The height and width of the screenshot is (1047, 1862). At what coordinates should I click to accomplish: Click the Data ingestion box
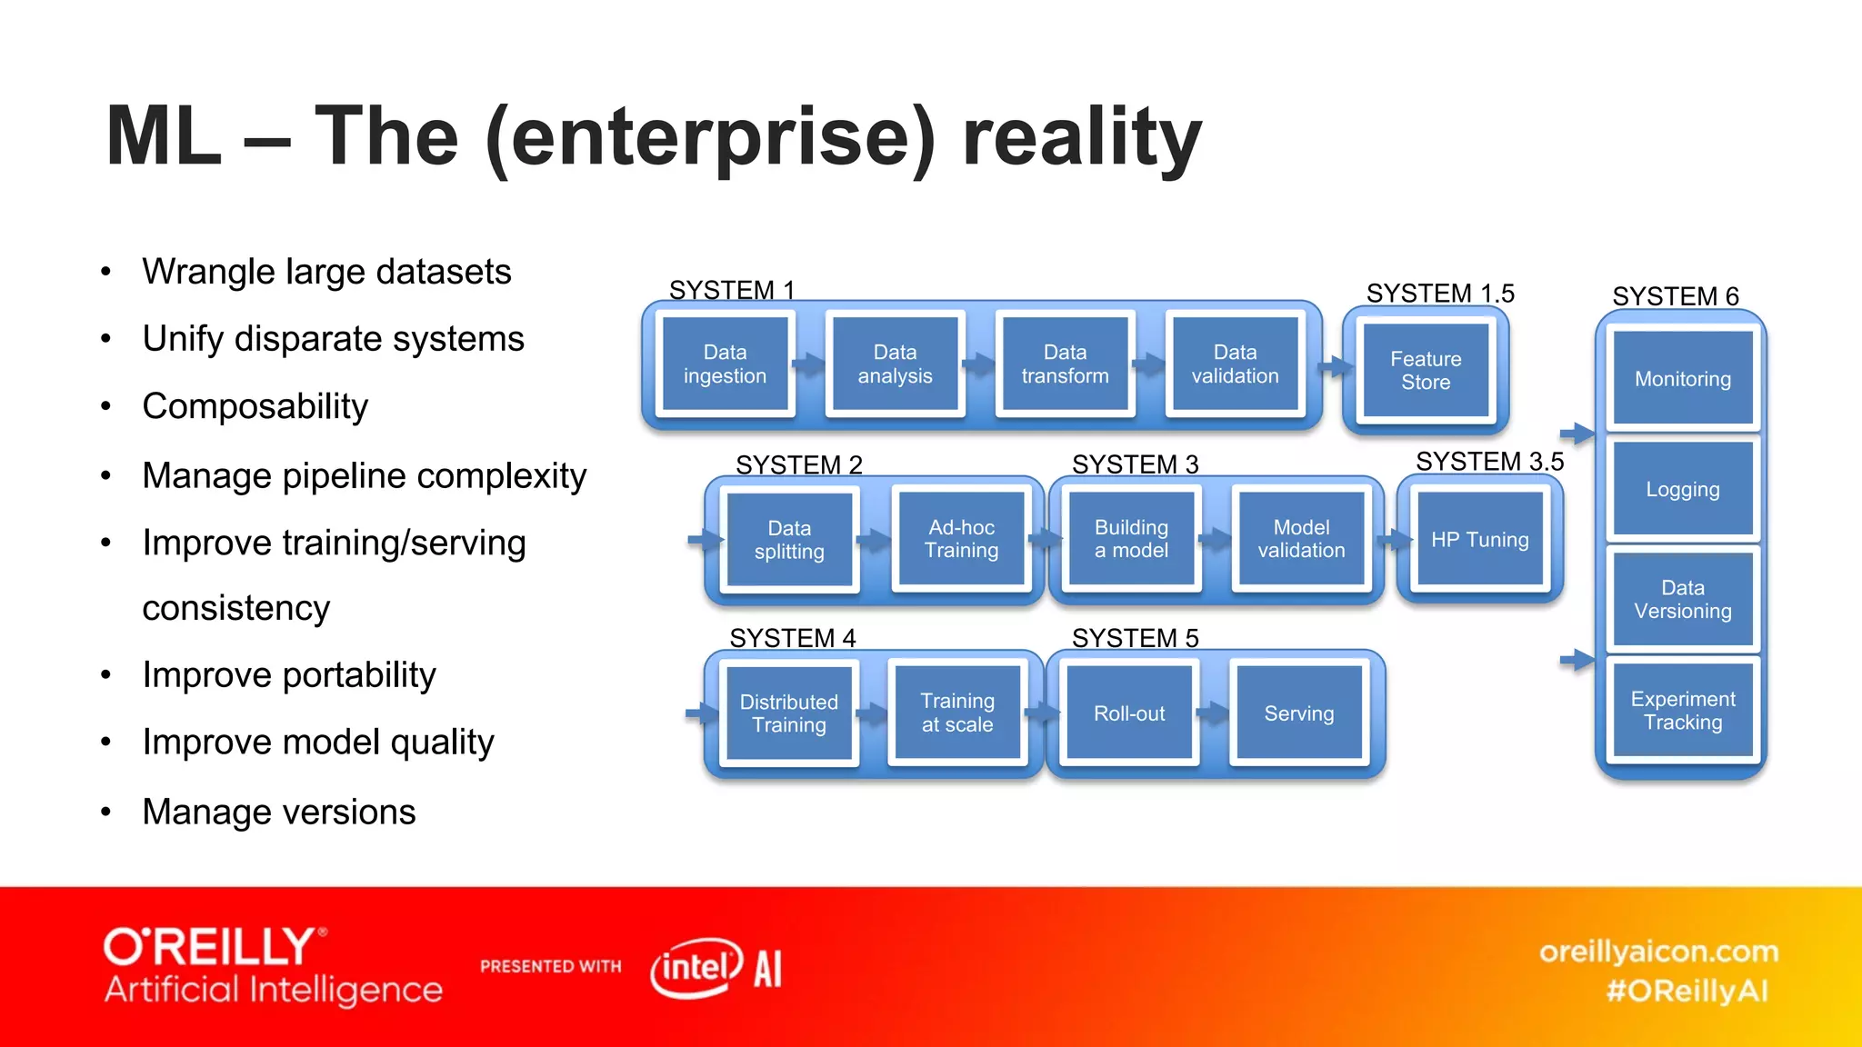725,364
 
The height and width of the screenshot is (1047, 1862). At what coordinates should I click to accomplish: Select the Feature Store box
1425,370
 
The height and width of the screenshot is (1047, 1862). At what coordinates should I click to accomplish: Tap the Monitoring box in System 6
1682,378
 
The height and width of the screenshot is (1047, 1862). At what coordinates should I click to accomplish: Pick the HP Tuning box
1479,539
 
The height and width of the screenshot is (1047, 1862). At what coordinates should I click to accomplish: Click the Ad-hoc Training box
961,539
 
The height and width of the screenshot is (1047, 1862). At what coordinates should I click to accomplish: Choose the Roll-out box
1128,713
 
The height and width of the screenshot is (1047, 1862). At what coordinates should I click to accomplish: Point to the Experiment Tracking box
1682,710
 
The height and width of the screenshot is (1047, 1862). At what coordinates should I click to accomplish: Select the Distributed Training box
788,713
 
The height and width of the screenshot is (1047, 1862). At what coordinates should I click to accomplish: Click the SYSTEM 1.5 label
1440,294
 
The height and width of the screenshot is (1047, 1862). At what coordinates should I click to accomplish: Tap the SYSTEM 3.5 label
1489,462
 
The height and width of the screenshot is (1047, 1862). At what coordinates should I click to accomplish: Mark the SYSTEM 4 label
792,638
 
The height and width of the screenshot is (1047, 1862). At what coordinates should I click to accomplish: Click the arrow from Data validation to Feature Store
1336,367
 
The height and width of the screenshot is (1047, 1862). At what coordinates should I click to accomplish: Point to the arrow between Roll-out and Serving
1213,713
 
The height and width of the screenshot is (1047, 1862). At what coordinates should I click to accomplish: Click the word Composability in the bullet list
255,406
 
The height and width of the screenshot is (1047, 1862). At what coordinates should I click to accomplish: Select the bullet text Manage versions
278,812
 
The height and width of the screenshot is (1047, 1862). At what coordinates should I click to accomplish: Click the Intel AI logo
716,968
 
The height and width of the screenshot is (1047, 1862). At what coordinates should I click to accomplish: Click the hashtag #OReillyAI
1687,991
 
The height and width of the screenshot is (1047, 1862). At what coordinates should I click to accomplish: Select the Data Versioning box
1682,599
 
